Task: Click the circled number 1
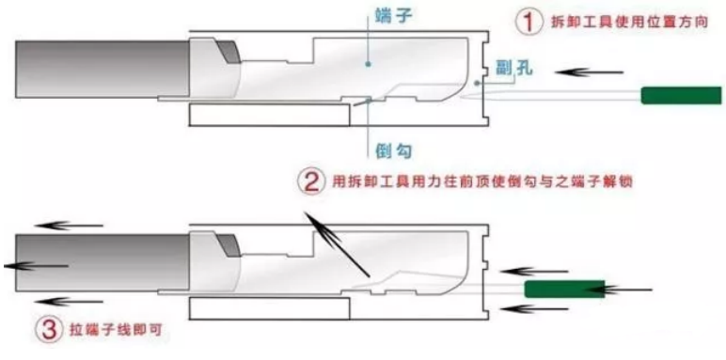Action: tap(529, 22)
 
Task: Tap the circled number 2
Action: tap(310, 181)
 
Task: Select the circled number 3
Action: tap(48, 330)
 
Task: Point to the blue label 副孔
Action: tap(514, 69)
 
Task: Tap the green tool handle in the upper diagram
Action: tap(681, 95)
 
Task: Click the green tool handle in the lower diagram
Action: tap(564, 289)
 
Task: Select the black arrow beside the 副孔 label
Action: tap(589, 72)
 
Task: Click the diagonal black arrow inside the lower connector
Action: tap(337, 244)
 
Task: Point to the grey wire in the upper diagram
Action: tap(103, 69)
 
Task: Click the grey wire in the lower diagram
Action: tap(103, 263)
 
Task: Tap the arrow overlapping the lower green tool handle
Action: tap(618, 290)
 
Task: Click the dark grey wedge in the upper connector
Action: tap(229, 52)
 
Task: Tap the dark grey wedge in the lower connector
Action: tap(229, 245)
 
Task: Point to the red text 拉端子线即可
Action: tap(118, 330)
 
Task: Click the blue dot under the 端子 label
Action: tap(368, 64)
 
